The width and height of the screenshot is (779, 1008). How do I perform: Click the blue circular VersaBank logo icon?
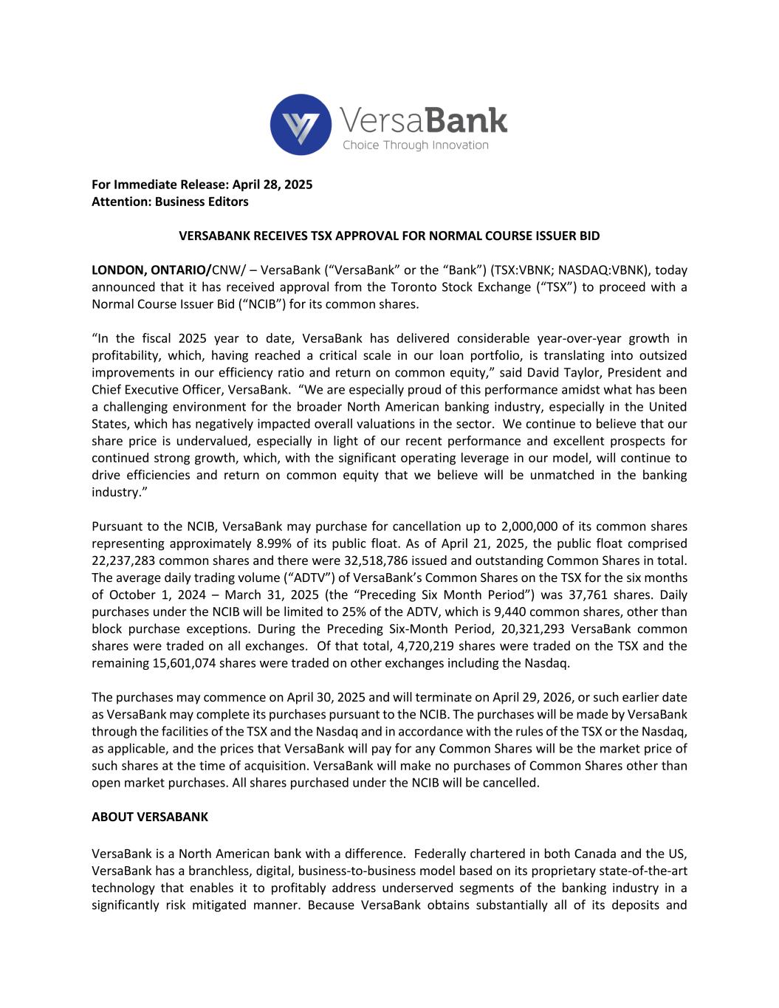click(x=301, y=124)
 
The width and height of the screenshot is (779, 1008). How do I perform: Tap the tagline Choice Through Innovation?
click(x=415, y=145)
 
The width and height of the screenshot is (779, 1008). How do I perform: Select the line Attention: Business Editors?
click(x=170, y=202)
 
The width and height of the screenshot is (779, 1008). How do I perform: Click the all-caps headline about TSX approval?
click(x=389, y=236)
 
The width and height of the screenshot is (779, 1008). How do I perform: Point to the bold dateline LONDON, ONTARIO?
click(x=151, y=270)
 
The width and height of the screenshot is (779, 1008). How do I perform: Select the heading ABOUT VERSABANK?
click(x=150, y=817)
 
